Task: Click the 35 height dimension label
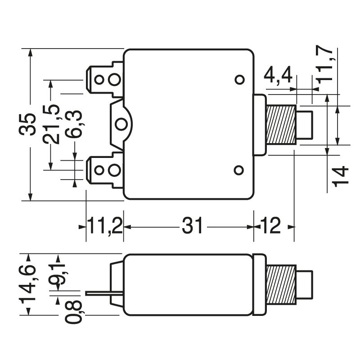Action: point(29,124)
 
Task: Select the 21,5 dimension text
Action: point(53,124)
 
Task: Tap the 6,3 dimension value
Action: point(75,124)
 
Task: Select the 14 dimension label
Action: point(341,175)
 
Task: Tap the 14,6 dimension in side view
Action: point(28,283)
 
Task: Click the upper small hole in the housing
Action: point(239,80)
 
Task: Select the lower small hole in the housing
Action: point(239,170)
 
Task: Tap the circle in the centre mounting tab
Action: point(120,124)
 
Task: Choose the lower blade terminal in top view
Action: point(104,170)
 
